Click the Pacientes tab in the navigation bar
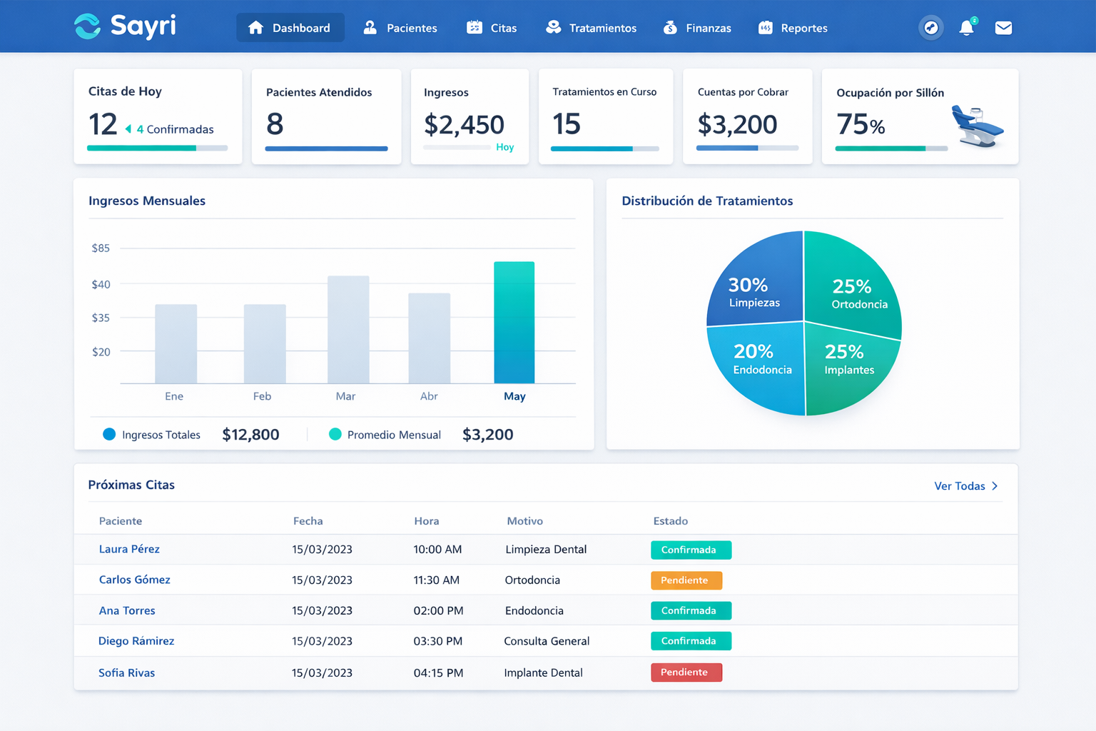(x=400, y=28)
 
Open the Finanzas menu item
(x=697, y=28)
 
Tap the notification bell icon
(x=966, y=28)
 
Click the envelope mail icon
(x=1003, y=28)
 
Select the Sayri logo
(x=126, y=26)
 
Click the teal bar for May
(x=514, y=323)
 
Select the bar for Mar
(x=348, y=330)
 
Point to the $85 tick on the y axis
(x=101, y=248)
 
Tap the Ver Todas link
(x=965, y=486)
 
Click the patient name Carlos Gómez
(x=135, y=580)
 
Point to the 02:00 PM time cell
(x=438, y=610)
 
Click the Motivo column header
(x=524, y=521)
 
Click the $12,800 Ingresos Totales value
(x=250, y=435)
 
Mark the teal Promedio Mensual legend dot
(x=335, y=434)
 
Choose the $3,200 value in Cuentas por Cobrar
(x=737, y=125)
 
